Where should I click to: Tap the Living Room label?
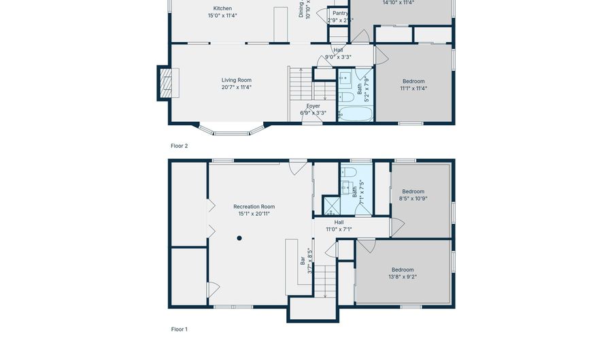pyautogui.click(x=236, y=80)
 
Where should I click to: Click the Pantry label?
pyautogui.click(x=340, y=13)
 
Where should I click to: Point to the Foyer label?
pyautogui.click(x=313, y=105)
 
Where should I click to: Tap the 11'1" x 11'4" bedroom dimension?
pyautogui.click(x=413, y=88)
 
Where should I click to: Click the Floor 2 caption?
pyautogui.click(x=179, y=146)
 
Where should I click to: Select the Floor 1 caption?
pyautogui.click(x=179, y=329)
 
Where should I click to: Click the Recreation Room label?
pyautogui.click(x=254, y=206)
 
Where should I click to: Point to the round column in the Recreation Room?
pyautogui.click(x=239, y=238)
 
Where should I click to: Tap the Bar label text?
pyautogui.click(x=303, y=259)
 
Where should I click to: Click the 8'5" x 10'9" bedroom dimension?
pyautogui.click(x=413, y=198)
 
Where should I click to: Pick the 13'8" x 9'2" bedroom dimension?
pyautogui.click(x=403, y=276)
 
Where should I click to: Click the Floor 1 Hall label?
pyautogui.click(x=339, y=222)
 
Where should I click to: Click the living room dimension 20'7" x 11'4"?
pyautogui.click(x=236, y=87)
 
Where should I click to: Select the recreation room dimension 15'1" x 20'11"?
pyautogui.click(x=254, y=214)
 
